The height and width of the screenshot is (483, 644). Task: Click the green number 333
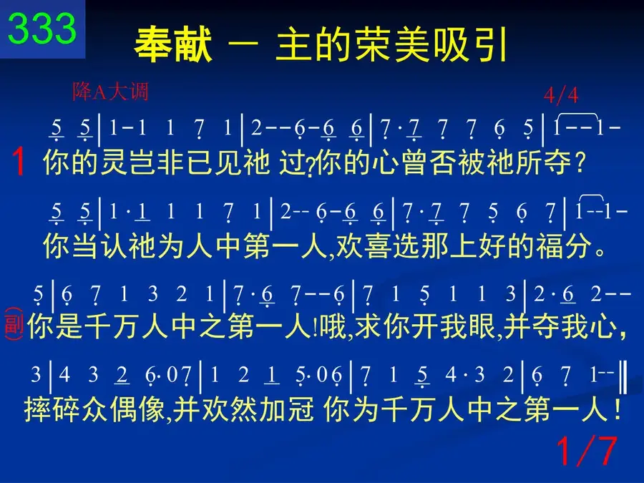pos(42,28)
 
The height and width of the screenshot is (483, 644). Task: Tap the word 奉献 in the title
pos(173,44)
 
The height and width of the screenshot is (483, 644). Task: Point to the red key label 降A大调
pos(110,92)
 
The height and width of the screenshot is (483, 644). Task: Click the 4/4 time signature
pos(561,96)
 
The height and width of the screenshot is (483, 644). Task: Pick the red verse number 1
pos(19,162)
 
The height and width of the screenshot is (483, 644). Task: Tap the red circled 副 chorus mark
pos(14,323)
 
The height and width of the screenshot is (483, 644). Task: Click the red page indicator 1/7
pos(587,451)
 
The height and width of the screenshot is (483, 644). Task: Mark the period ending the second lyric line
pos(600,251)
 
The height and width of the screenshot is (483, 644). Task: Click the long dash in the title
pos(244,43)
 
